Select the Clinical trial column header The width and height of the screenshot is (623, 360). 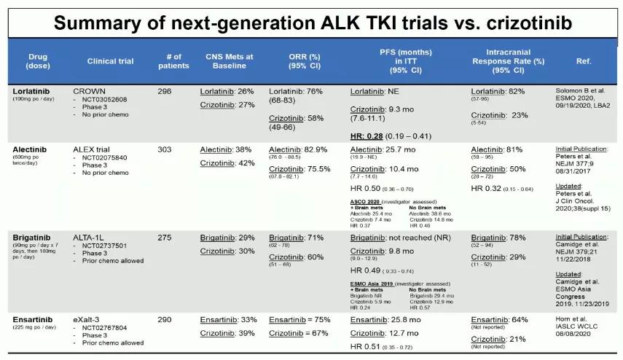[x=110, y=61]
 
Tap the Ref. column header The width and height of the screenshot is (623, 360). [x=583, y=61]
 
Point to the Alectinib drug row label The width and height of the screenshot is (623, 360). [x=29, y=149]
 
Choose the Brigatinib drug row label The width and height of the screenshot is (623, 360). [x=30, y=238]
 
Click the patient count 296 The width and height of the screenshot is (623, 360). [x=165, y=91]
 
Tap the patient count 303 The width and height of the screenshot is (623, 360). [x=165, y=149]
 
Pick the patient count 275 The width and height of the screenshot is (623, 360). [x=165, y=238]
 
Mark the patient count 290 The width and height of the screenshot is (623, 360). [x=165, y=319]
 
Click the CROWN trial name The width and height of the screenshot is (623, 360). [x=90, y=91]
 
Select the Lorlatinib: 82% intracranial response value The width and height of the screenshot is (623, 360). [x=498, y=91]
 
